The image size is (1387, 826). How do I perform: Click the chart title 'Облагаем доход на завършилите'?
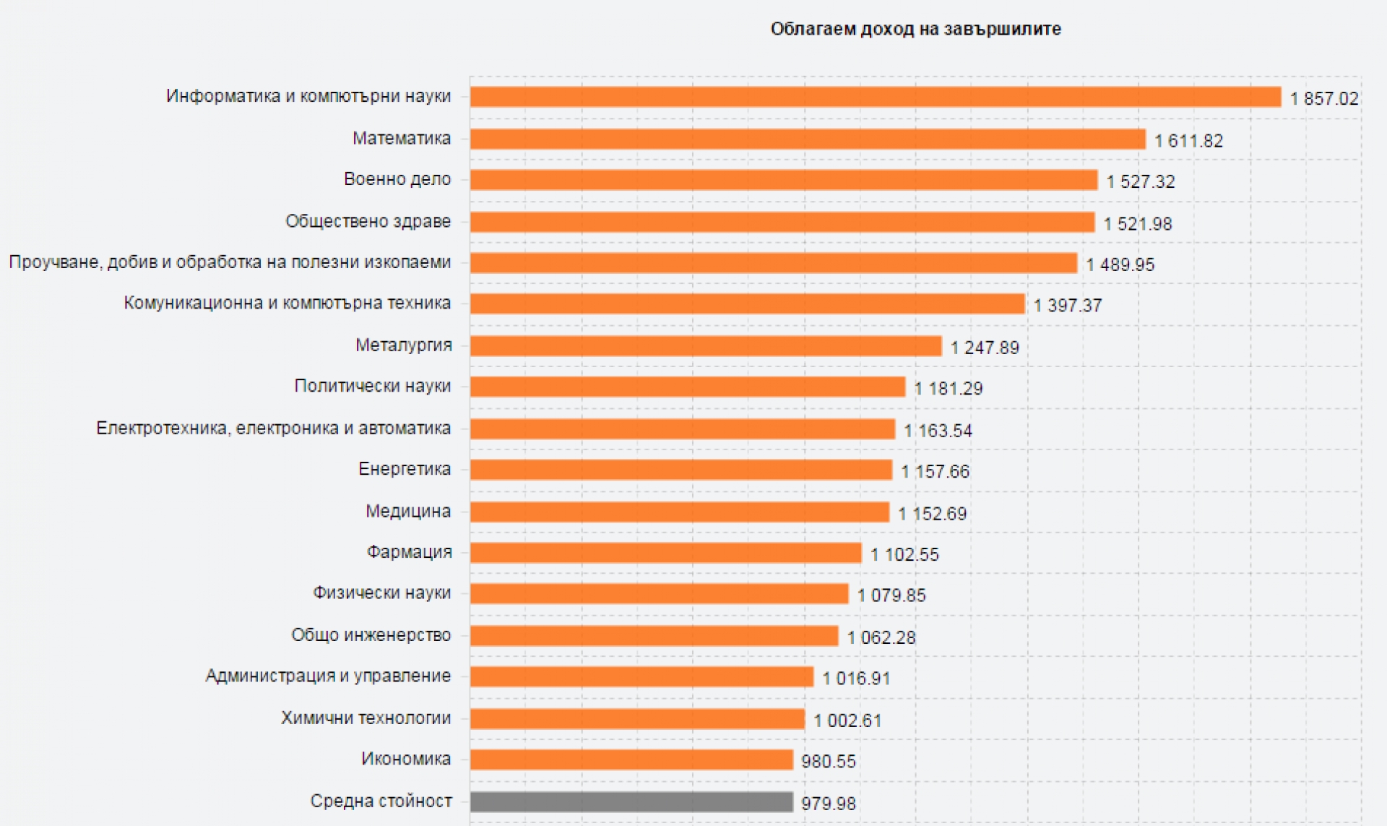pos(915,29)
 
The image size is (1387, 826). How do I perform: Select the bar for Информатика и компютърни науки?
pos(875,97)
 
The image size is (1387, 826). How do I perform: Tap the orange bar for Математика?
pos(808,139)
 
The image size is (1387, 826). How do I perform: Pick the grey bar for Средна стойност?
pos(631,801)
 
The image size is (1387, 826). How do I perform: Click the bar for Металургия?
pos(706,346)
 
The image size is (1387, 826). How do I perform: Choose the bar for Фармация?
pos(665,553)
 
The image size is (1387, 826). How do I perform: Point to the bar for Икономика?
pos(631,760)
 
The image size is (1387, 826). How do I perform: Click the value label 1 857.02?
pos(1324,98)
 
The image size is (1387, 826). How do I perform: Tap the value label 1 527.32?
pos(1141,181)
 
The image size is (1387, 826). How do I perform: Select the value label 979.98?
pos(829,803)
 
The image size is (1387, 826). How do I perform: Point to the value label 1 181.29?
pos(949,389)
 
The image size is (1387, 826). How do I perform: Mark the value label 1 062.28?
pos(881,637)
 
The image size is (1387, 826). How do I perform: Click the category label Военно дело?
pos(397,179)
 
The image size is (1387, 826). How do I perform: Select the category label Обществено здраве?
pos(368,221)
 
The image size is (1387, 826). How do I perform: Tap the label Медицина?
pos(407,512)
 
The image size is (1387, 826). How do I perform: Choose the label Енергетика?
pos(404,469)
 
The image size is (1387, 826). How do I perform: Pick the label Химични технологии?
pos(366,718)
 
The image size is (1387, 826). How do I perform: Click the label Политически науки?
pos(372,386)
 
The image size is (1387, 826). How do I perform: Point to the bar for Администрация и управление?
pos(641,676)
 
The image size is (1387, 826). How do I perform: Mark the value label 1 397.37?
pos(1068,306)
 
